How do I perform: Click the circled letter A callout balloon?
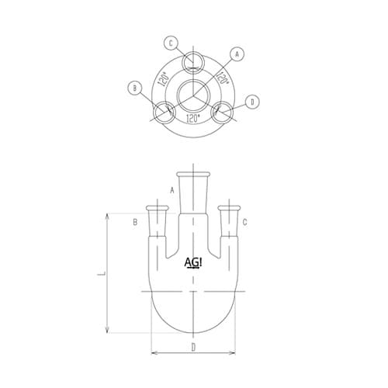click(238, 54)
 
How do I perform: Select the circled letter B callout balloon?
click(136, 88)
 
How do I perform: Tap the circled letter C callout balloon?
click(171, 43)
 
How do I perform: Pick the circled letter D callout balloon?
click(252, 102)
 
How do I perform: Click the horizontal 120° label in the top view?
click(193, 119)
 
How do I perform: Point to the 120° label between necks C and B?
click(164, 78)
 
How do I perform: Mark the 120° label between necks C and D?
click(222, 78)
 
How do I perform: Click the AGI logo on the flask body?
click(195, 263)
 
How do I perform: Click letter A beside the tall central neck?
click(171, 189)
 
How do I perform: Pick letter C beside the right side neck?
click(245, 223)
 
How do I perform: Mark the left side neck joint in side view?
click(158, 219)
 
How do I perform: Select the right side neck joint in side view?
click(227, 219)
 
